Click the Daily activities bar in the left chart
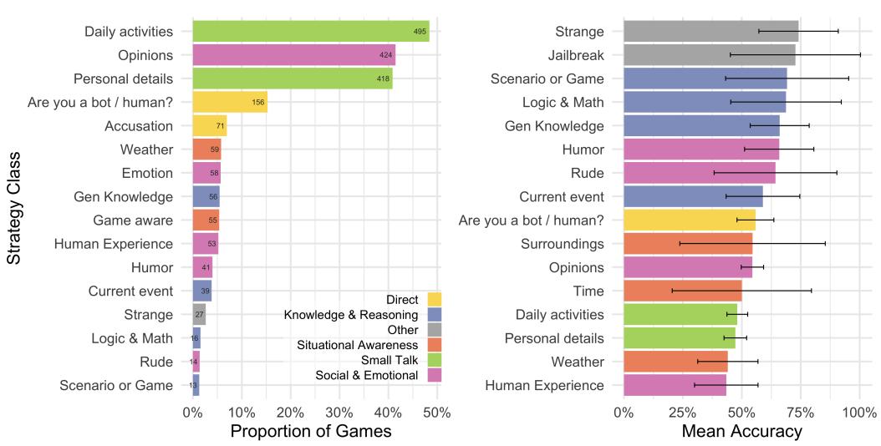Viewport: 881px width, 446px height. pyautogui.click(x=310, y=32)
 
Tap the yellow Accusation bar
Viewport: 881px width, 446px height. pyautogui.click(x=210, y=126)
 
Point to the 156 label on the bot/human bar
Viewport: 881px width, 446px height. pyautogui.click(x=258, y=103)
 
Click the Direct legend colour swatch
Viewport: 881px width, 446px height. pyautogui.click(x=434, y=299)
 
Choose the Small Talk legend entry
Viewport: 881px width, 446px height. pyautogui.click(x=378, y=360)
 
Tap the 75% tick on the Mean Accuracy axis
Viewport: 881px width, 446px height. pyautogui.click(x=800, y=413)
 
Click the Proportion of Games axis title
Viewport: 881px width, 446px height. pyautogui.click(x=310, y=432)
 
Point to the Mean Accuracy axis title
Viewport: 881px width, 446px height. pyautogui.click(x=741, y=432)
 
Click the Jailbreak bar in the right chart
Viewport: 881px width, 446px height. pyautogui.click(x=709, y=55)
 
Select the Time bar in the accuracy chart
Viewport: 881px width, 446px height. pyautogui.click(x=682, y=291)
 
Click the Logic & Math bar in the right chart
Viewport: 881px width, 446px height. pyautogui.click(x=704, y=102)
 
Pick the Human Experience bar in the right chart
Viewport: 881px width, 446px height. pyautogui.click(x=675, y=385)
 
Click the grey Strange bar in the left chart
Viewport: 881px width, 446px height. pyautogui.click(x=199, y=315)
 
